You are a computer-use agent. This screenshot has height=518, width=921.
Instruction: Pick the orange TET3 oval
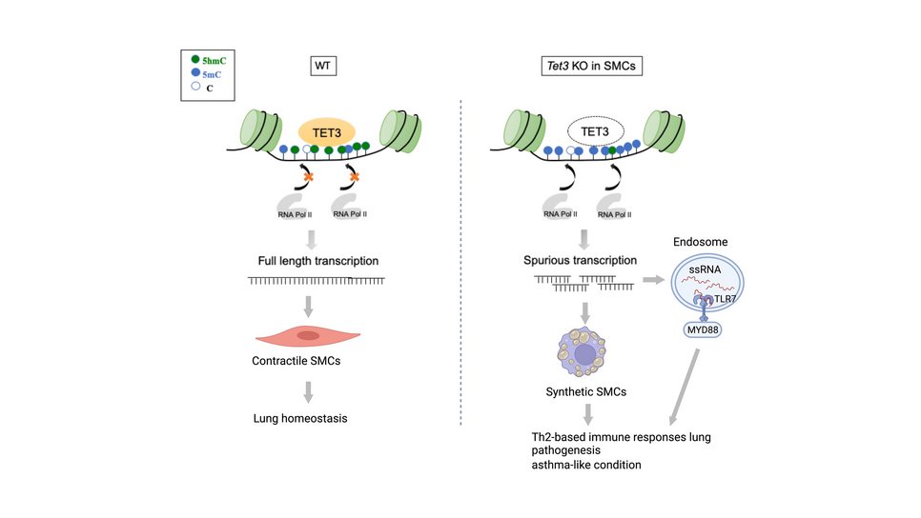327,130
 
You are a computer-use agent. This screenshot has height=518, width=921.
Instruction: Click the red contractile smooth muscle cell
307,335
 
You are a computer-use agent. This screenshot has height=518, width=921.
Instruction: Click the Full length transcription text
317,260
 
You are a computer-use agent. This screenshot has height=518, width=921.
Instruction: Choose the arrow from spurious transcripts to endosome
656,281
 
